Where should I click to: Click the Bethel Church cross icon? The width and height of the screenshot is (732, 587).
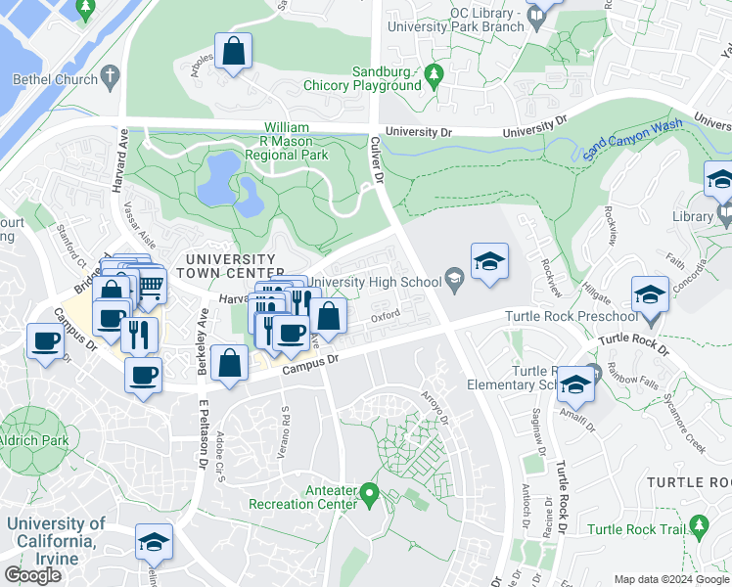pyautogui.click(x=111, y=76)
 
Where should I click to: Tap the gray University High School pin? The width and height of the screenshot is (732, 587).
pyautogui.click(x=454, y=282)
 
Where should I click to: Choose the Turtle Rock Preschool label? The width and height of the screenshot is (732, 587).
pyautogui.click(x=571, y=317)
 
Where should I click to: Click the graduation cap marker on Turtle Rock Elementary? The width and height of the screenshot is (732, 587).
pyautogui.click(x=577, y=384)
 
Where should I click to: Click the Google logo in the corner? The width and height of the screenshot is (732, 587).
pyautogui.click(x=32, y=574)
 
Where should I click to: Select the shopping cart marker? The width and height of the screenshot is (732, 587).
pyautogui.click(x=149, y=285)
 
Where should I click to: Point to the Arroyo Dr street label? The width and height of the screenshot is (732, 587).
pyautogui.click(x=436, y=405)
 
